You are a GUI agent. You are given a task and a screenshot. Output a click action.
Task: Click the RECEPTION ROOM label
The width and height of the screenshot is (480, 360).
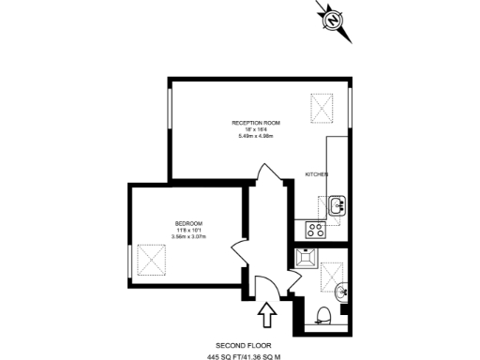(x=257, y=123)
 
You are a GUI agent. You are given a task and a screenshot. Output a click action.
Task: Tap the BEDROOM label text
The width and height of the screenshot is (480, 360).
(x=188, y=223)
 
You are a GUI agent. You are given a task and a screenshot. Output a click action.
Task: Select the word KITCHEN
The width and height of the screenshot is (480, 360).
(x=316, y=175)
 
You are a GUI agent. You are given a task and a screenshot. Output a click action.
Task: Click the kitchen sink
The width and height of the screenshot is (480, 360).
(x=337, y=202)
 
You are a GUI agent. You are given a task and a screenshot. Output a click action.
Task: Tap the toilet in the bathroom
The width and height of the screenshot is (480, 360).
(x=325, y=314)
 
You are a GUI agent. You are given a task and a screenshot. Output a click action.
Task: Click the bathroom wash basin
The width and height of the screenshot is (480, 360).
(x=344, y=291)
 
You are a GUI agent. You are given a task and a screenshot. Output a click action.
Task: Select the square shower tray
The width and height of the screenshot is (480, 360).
(x=307, y=258)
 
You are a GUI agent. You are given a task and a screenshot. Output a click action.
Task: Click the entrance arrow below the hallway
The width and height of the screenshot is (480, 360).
(x=266, y=315)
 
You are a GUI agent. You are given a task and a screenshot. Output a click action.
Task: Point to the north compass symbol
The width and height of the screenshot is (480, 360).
(x=334, y=20)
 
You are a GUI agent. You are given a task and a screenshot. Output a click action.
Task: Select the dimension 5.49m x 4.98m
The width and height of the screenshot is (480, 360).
(x=257, y=138)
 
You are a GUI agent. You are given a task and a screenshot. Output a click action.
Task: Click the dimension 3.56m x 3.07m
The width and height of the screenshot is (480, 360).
(x=188, y=237)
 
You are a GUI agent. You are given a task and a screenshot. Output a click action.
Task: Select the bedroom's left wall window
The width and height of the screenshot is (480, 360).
(x=129, y=263)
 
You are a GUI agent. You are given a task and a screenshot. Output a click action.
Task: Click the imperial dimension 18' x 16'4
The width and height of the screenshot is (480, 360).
(x=257, y=130)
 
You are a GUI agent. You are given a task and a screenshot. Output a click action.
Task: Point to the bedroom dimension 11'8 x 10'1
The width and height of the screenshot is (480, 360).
(x=188, y=231)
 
